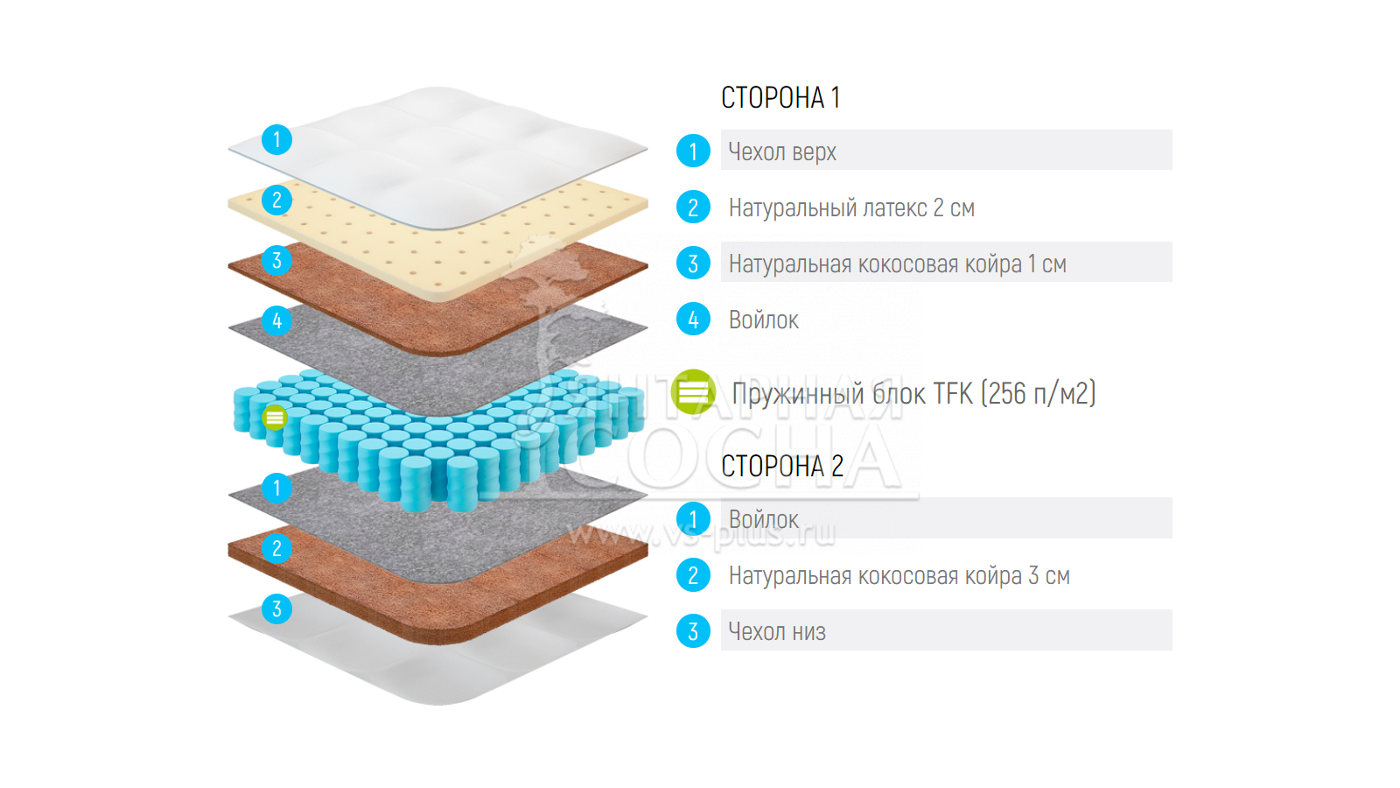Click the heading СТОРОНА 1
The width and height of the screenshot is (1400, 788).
pyautogui.click(x=780, y=97)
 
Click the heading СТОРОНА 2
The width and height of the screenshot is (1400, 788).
pyautogui.click(x=782, y=466)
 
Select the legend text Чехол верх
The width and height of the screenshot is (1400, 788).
pyautogui.click(x=782, y=151)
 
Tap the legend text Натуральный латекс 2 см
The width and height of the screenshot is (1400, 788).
pyautogui.click(x=851, y=208)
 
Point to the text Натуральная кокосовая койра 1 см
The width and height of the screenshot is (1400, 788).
pyautogui.click(x=897, y=264)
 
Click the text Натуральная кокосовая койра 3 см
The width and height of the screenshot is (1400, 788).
pyautogui.click(x=899, y=575)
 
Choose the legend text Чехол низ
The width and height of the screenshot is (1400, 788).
pyautogui.click(x=777, y=631)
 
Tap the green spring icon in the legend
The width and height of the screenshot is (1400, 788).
pyautogui.click(x=693, y=391)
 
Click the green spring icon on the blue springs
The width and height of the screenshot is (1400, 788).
pyautogui.click(x=275, y=418)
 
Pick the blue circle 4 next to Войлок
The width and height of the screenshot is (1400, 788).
pyautogui.click(x=693, y=320)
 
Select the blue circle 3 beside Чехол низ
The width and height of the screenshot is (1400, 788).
pyautogui.click(x=693, y=631)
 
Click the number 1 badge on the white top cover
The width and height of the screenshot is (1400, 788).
pyautogui.click(x=276, y=139)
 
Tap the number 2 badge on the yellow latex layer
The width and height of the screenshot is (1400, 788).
pyautogui.click(x=276, y=200)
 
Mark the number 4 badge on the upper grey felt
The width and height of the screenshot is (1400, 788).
pyautogui.click(x=276, y=320)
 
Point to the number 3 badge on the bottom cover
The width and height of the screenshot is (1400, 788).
pyautogui.click(x=276, y=609)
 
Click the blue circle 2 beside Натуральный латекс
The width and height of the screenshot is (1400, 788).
pyautogui.click(x=693, y=208)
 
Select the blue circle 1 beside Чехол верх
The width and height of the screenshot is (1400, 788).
pyautogui.click(x=693, y=151)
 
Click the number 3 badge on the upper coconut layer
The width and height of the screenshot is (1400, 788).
pyautogui.click(x=276, y=260)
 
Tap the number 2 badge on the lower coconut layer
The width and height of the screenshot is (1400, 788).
pyautogui.click(x=276, y=548)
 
